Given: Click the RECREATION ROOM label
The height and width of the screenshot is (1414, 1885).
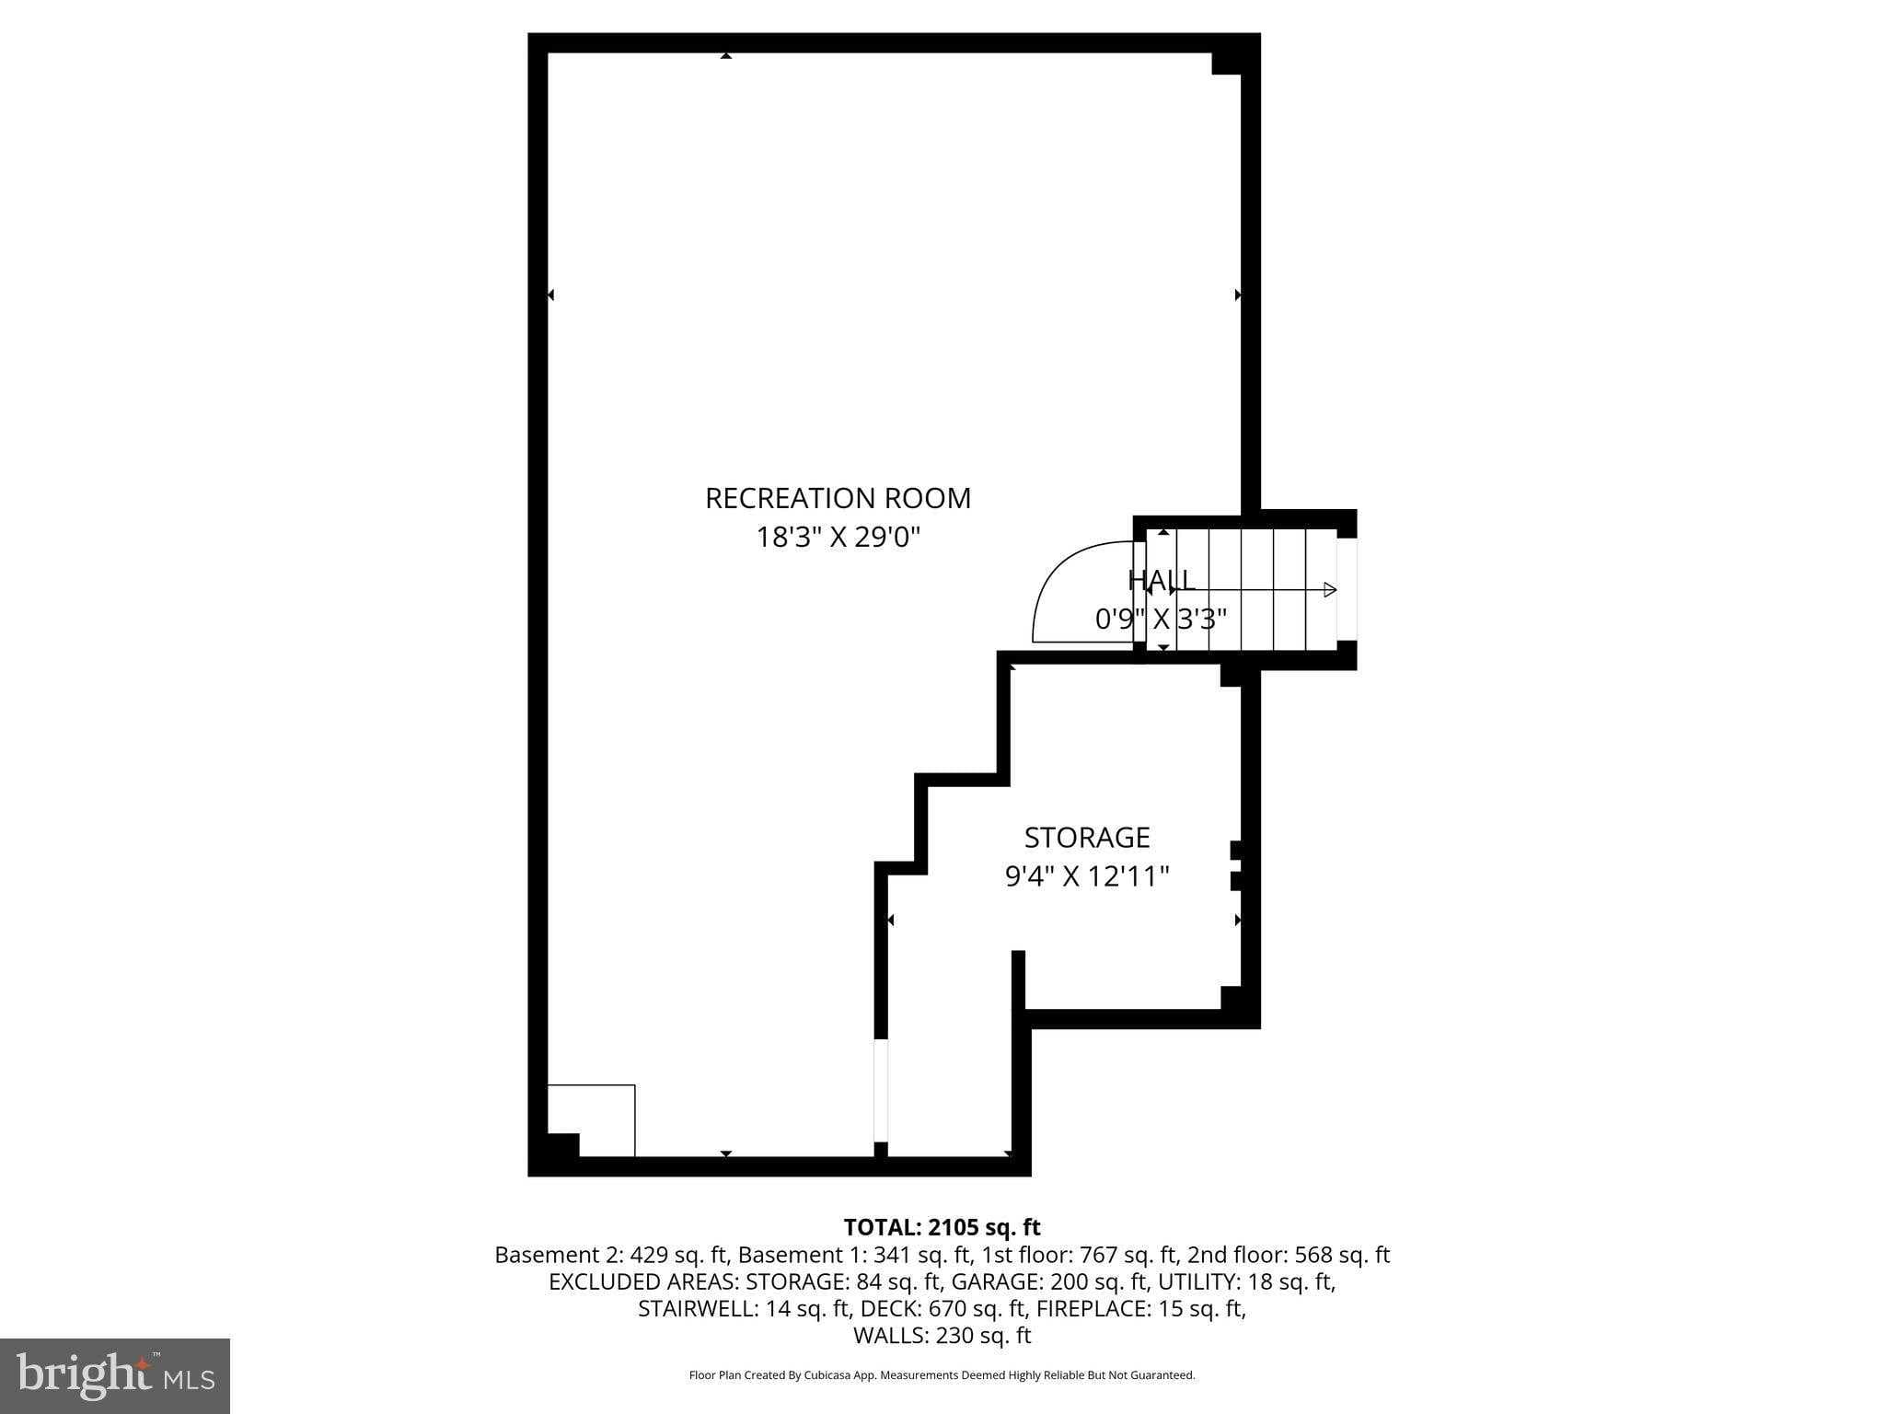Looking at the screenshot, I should click(x=838, y=498).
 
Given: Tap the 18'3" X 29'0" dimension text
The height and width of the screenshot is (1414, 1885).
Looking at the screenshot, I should click(x=838, y=537).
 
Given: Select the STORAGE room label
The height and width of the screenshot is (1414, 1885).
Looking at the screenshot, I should click(x=1086, y=838).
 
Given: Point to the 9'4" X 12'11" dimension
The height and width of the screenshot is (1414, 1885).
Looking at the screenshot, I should click(x=1086, y=876).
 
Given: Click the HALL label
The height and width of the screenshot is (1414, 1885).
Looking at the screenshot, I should click(x=1161, y=580).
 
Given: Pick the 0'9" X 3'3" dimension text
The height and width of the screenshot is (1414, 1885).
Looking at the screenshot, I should click(x=1161, y=619).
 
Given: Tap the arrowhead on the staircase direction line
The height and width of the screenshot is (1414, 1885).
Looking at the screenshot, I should click(x=1329, y=589).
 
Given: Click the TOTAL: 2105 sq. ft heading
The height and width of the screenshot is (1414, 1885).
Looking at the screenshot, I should click(x=942, y=1227).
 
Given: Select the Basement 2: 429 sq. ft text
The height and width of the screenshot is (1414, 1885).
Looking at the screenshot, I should click(x=611, y=1255).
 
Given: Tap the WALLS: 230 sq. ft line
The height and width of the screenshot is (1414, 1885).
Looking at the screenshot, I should click(x=942, y=1336).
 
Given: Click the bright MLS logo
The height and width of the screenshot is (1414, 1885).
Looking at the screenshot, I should click(x=115, y=1375).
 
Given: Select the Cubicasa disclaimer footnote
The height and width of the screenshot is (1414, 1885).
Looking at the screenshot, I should click(x=942, y=1375).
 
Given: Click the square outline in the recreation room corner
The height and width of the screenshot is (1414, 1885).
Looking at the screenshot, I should click(x=591, y=1119).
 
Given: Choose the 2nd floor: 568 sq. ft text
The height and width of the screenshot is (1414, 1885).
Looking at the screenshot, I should click(x=1289, y=1255).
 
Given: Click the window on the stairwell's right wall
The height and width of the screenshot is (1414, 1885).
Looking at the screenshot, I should click(x=1346, y=589).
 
